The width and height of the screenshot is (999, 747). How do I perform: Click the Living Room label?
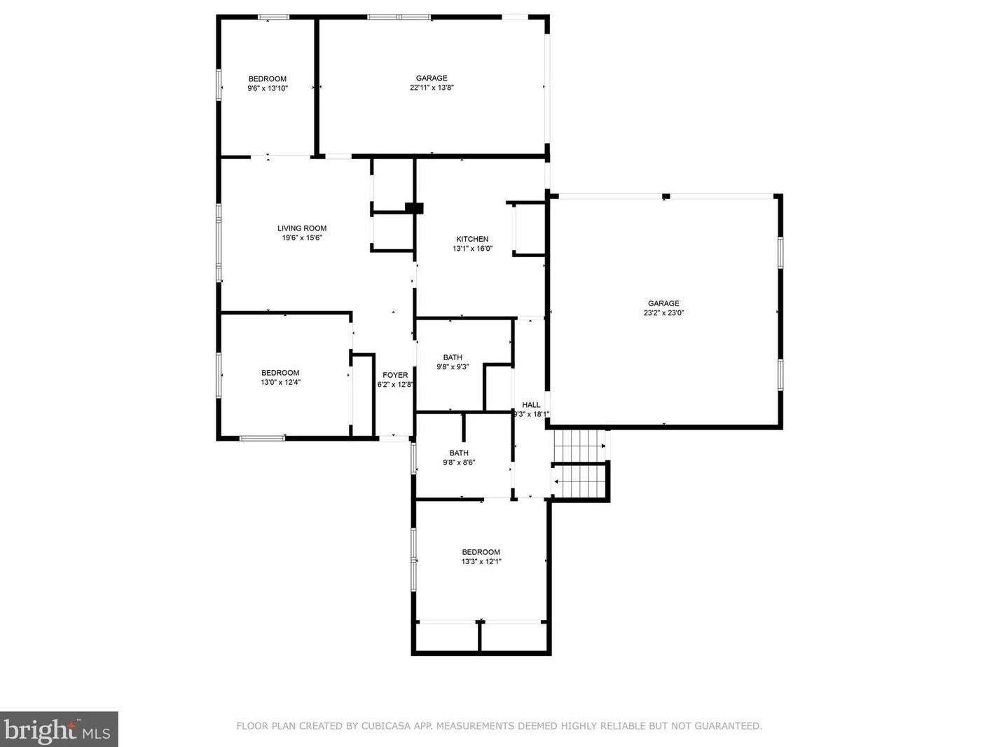coord(302,228)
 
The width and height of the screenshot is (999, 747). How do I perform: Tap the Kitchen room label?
coord(472,239)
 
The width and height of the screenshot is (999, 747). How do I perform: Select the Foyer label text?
coord(395,375)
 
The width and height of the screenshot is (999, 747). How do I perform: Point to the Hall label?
coord(531,404)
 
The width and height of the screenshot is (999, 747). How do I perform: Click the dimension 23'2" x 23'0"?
coord(663,313)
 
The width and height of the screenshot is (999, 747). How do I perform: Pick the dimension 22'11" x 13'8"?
coord(432,88)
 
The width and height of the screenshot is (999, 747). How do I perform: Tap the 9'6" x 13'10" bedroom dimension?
coord(267,88)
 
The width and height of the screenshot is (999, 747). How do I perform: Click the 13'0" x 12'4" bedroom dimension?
coord(280,383)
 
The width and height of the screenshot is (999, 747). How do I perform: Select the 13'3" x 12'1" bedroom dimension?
coord(481,562)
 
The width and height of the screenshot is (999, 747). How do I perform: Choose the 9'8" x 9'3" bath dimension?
coord(453,367)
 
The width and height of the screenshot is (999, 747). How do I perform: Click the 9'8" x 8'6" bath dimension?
coord(459,462)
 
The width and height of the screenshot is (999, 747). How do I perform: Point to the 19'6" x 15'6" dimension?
coord(302,238)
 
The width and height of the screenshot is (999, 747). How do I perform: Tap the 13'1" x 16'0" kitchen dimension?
coord(472,249)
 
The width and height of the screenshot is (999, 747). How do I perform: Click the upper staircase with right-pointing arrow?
coord(580,446)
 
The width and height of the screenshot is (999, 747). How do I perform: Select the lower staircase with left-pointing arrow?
coord(579,481)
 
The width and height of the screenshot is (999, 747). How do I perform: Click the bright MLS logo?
coord(59,729)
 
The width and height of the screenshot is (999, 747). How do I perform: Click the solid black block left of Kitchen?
coord(414,208)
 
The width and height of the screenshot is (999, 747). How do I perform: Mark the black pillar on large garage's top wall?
coord(666,197)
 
